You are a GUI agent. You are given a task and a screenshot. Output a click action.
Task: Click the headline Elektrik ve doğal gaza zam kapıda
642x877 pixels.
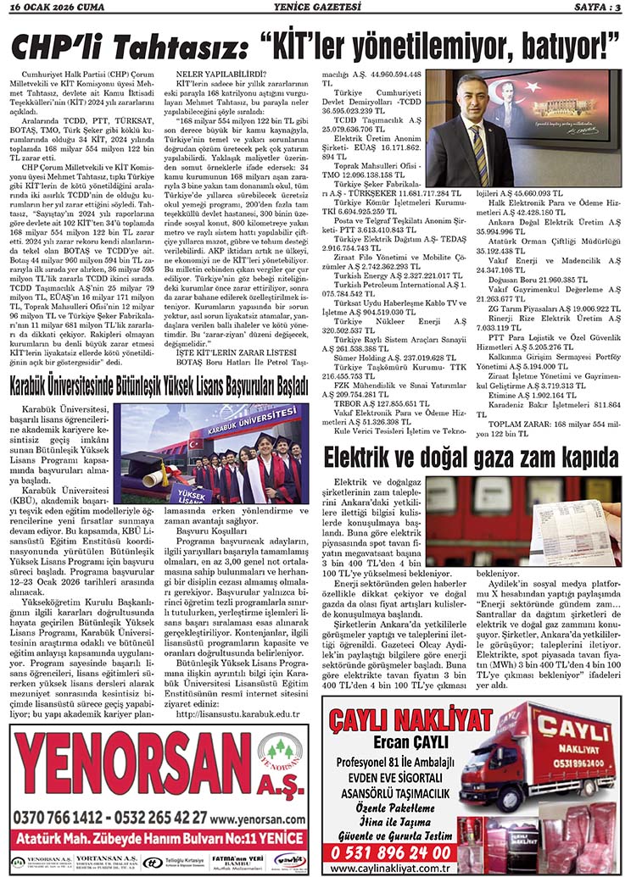click(x=472, y=458)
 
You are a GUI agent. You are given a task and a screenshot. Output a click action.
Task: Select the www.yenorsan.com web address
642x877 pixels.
click(x=259, y=818)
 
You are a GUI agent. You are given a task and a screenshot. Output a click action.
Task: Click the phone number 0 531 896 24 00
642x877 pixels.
click(x=392, y=852)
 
